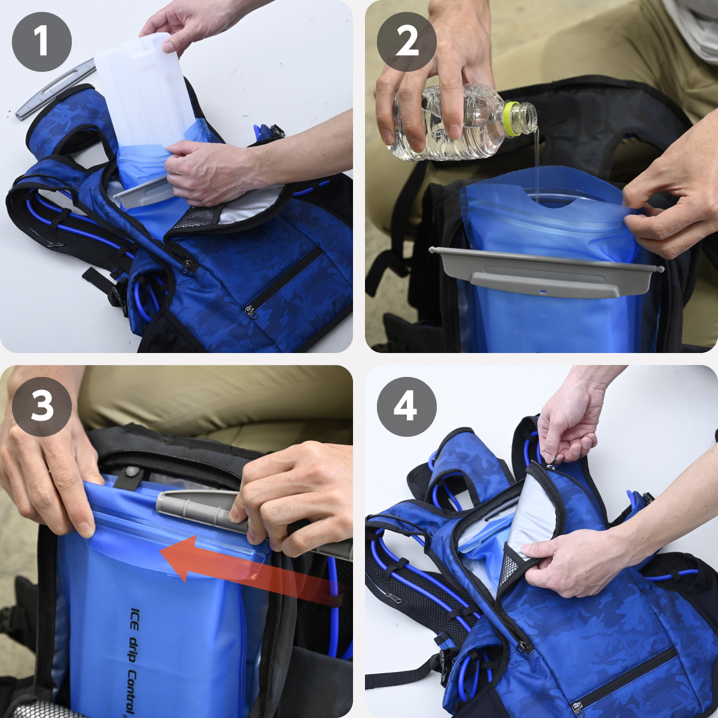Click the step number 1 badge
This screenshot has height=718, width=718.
pos(42,42)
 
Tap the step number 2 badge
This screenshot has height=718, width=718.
pos(406,42)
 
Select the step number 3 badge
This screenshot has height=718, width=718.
pos(42,406)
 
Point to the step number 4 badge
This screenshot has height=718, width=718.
pos(406,406)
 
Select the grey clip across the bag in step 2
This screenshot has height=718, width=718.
pos(546,269)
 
